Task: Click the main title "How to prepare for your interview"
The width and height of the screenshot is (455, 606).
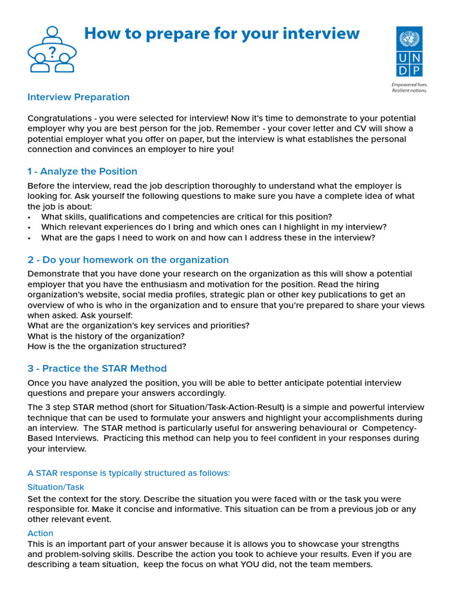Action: click(222, 33)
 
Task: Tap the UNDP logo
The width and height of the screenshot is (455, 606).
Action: click(409, 51)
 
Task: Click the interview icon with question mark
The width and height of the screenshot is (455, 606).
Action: click(52, 49)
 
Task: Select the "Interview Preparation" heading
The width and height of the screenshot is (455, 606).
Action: click(78, 97)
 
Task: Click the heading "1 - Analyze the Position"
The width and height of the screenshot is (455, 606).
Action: click(82, 172)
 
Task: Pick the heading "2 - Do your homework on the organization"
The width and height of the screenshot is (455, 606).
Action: click(128, 260)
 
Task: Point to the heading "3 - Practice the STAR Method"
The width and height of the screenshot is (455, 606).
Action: click(97, 368)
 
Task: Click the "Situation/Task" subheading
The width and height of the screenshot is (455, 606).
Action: click(56, 487)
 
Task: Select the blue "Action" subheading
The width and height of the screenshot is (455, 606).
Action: click(40, 533)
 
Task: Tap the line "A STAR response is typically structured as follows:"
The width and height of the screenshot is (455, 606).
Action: click(129, 473)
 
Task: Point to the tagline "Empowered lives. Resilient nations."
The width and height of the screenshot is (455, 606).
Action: click(409, 88)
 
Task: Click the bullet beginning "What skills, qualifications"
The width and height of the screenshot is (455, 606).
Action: click(186, 217)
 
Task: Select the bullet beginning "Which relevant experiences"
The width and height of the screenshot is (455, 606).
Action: click(213, 227)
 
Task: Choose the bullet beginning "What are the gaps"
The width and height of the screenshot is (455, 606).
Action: click(207, 238)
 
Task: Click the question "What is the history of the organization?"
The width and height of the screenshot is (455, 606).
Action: click(106, 336)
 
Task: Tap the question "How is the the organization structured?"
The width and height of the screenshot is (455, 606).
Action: click(107, 347)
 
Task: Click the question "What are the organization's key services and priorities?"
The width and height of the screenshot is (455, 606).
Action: click(138, 326)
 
